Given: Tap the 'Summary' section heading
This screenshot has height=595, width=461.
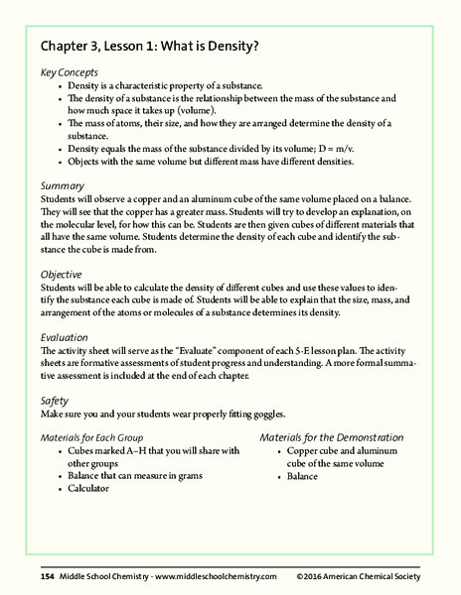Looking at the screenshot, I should click(63, 185).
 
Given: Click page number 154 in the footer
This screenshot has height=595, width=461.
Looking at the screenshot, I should click(47, 576).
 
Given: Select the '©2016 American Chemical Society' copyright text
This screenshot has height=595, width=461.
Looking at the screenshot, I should click(358, 576).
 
